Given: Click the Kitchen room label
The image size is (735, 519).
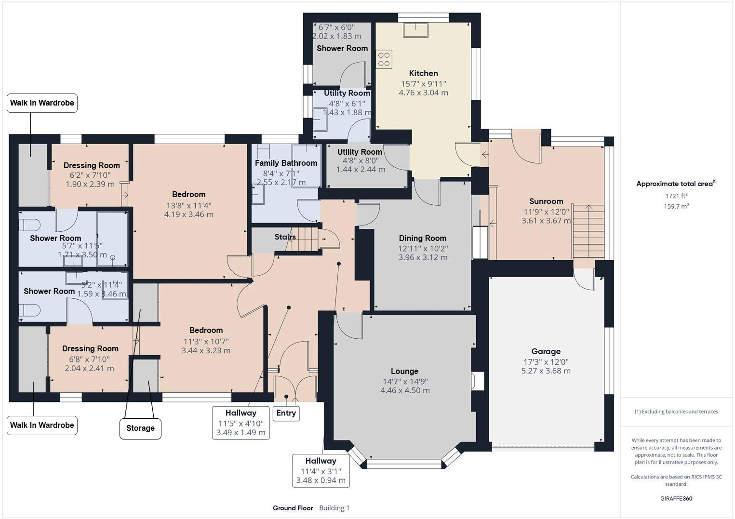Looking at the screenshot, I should pos(423,73).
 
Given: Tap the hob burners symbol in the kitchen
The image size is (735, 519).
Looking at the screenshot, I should pos(384,59).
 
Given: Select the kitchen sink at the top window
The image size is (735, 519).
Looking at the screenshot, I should pos(415,30).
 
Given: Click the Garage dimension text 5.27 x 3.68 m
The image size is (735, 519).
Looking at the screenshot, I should pos(546,371).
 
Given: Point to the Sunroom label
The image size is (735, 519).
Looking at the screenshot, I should pos(546,201).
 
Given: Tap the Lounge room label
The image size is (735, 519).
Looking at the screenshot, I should pos(404,371).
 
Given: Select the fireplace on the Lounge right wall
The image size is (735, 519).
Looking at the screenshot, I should pos(478,381).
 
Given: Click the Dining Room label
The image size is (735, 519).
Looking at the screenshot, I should pos(423,238).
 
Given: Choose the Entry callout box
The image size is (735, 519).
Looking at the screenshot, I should pos(286,413).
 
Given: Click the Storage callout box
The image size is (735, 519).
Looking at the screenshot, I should pos(140,428).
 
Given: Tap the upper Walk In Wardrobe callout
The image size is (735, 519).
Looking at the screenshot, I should pos(42,103).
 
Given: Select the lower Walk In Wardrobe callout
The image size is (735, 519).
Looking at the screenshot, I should pos(42,425).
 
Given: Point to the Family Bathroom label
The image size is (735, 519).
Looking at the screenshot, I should pos(286,163).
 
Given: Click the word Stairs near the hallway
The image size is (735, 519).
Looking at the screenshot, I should pos(285,237).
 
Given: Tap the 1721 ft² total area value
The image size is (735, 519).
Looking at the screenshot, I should pos(676,196).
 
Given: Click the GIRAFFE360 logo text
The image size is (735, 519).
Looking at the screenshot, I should pos(676,498).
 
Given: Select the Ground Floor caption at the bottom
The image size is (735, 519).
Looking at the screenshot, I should pos(293,508).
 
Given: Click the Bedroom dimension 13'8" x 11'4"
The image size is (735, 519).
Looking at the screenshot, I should pos(188,205).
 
